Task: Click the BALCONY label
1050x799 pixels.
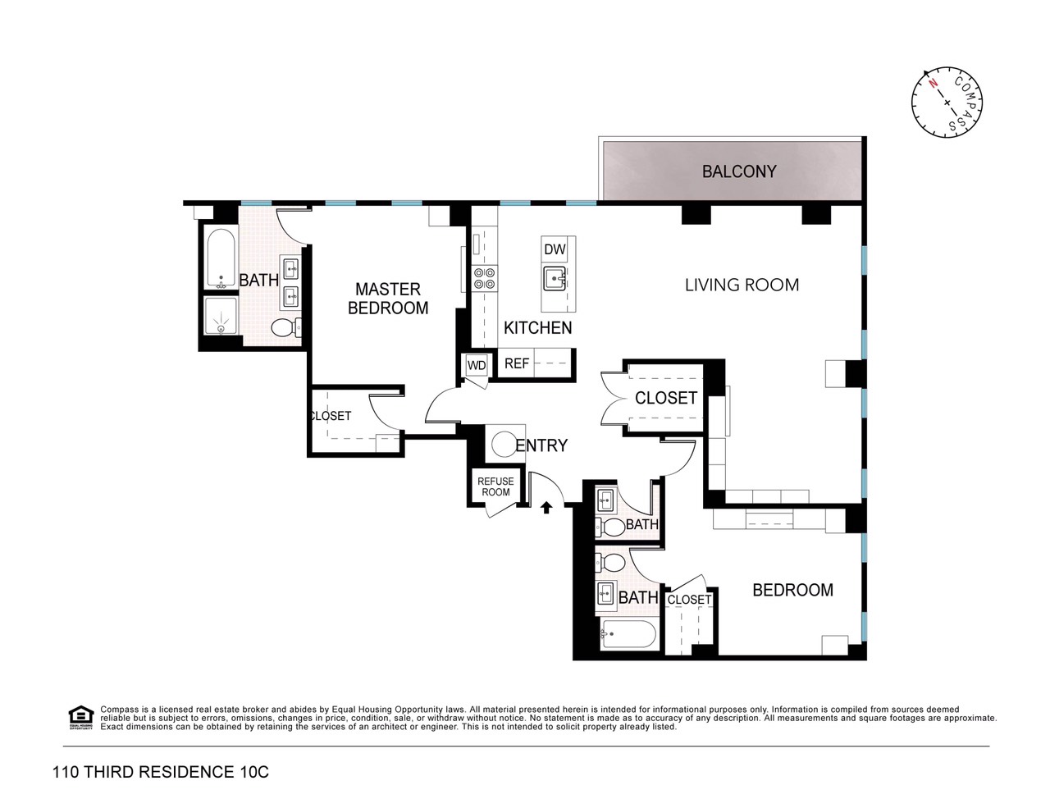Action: tap(738, 171)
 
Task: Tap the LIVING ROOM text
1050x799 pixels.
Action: tap(742, 285)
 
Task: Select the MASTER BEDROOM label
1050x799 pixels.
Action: tap(388, 299)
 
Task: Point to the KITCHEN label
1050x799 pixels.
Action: tap(537, 327)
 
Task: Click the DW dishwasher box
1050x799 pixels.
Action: tap(555, 249)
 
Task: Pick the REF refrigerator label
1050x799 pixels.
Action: tap(517, 363)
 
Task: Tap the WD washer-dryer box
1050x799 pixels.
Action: tap(477, 366)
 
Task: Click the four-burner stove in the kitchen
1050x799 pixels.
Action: tap(484, 279)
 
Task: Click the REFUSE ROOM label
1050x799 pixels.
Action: tap(495, 486)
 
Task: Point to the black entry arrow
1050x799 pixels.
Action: tap(546, 507)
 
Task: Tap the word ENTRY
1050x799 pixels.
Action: tap(541, 445)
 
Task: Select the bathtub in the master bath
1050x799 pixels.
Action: tap(221, 258)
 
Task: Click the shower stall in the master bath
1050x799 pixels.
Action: tap(221, 316)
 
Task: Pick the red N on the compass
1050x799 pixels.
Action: tap(933, 97)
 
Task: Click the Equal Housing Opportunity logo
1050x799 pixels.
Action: tap(81, 718)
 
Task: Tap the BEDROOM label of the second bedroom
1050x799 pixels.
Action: tap(792, 590)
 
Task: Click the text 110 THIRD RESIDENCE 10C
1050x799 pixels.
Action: tap(161, 772)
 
